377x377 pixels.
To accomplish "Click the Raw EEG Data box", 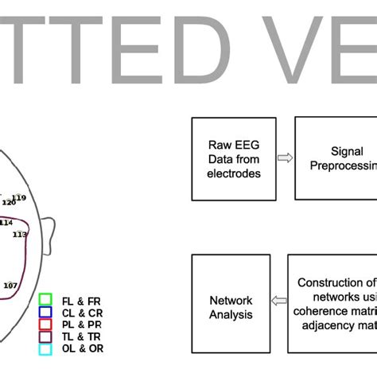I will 234,158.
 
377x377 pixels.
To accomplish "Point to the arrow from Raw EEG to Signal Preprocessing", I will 283,157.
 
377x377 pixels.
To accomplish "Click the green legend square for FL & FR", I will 45,300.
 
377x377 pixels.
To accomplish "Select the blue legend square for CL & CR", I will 45,312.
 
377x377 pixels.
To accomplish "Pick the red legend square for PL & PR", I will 45,324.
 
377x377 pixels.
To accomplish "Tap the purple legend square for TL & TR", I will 45,336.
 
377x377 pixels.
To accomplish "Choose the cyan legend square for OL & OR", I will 45,348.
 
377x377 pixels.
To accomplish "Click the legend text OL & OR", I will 81,348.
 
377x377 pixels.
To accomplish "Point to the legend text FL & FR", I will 80,300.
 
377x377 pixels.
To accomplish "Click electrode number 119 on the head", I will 19,197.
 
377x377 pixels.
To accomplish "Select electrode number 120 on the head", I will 8,202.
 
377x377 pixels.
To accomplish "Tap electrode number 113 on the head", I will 19,235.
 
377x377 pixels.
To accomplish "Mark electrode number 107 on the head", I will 10,285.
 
